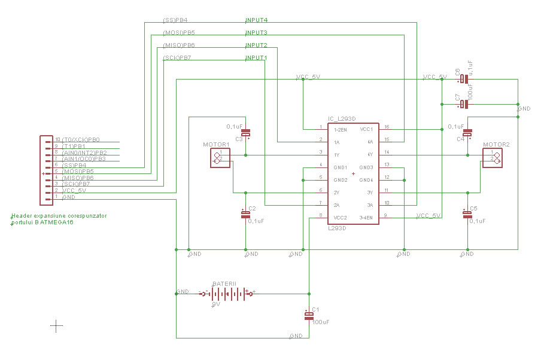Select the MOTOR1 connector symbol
[219, 157]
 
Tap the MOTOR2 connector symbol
[494, 157]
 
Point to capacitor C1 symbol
[309, 315]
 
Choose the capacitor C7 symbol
[464, 105]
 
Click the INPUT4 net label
[256, 20]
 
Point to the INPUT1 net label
[256, 58]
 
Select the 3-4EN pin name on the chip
[366, 217]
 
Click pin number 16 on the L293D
[387, 127]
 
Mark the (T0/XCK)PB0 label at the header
[81, 139]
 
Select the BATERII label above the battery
[224, 283]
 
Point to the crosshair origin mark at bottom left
[56, 325]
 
